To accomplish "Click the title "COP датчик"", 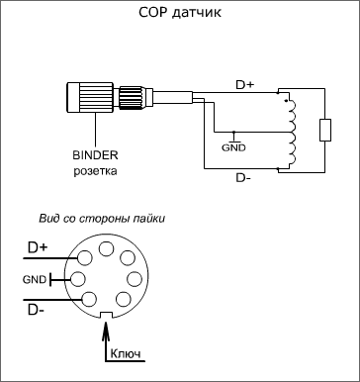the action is [180, 13].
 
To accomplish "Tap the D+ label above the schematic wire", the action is [245, 85].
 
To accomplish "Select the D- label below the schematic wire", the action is [243, 178].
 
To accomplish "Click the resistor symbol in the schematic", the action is [325, 131].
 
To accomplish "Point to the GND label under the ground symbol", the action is [233, 147].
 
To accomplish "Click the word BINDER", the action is [95, 155].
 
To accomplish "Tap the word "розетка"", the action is [95, 171].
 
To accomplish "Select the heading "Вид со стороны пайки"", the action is [102, 219].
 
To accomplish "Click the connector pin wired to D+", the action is [84, 257].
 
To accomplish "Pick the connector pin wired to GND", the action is [78, 279].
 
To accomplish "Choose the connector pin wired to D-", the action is [89, 299].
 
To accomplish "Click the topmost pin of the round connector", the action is [106, 248].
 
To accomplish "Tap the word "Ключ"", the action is [126, 353].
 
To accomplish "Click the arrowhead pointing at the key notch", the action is [106, 329].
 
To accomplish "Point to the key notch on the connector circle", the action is [106, 316].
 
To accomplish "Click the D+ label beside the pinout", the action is [38, 248].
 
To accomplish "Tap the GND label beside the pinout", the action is [35, 280].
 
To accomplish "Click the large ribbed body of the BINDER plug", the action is [90, 98].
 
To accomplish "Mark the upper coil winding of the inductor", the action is [292, 116].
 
